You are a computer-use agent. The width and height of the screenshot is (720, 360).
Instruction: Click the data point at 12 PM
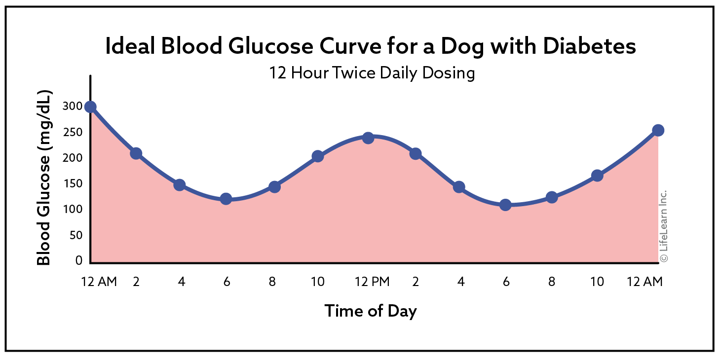[x=368, y=138]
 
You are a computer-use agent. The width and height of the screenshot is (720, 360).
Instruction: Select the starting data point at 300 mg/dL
[x=90, y=107]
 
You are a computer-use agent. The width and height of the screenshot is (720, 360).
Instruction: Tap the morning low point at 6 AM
[x=226, y=199]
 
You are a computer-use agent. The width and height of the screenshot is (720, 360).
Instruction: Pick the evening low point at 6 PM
[x=505, y=205]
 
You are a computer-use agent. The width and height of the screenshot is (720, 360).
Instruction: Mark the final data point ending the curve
[x=658, y=130]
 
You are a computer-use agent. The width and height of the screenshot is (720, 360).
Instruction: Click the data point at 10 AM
[x=318, y=156]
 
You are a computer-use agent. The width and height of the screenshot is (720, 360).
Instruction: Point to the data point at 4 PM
[x=459, y=187]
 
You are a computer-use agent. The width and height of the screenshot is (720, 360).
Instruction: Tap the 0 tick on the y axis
[x=78, y=260]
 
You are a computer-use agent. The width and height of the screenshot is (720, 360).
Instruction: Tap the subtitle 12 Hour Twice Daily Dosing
[x=372, y=73]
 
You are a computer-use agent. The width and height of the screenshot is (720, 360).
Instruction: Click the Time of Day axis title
[x=371, y=311]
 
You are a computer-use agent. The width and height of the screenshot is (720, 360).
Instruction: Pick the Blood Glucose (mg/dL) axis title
[x=44, y=178]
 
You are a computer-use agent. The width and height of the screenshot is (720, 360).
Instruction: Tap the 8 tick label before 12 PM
[x=272, y=282]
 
